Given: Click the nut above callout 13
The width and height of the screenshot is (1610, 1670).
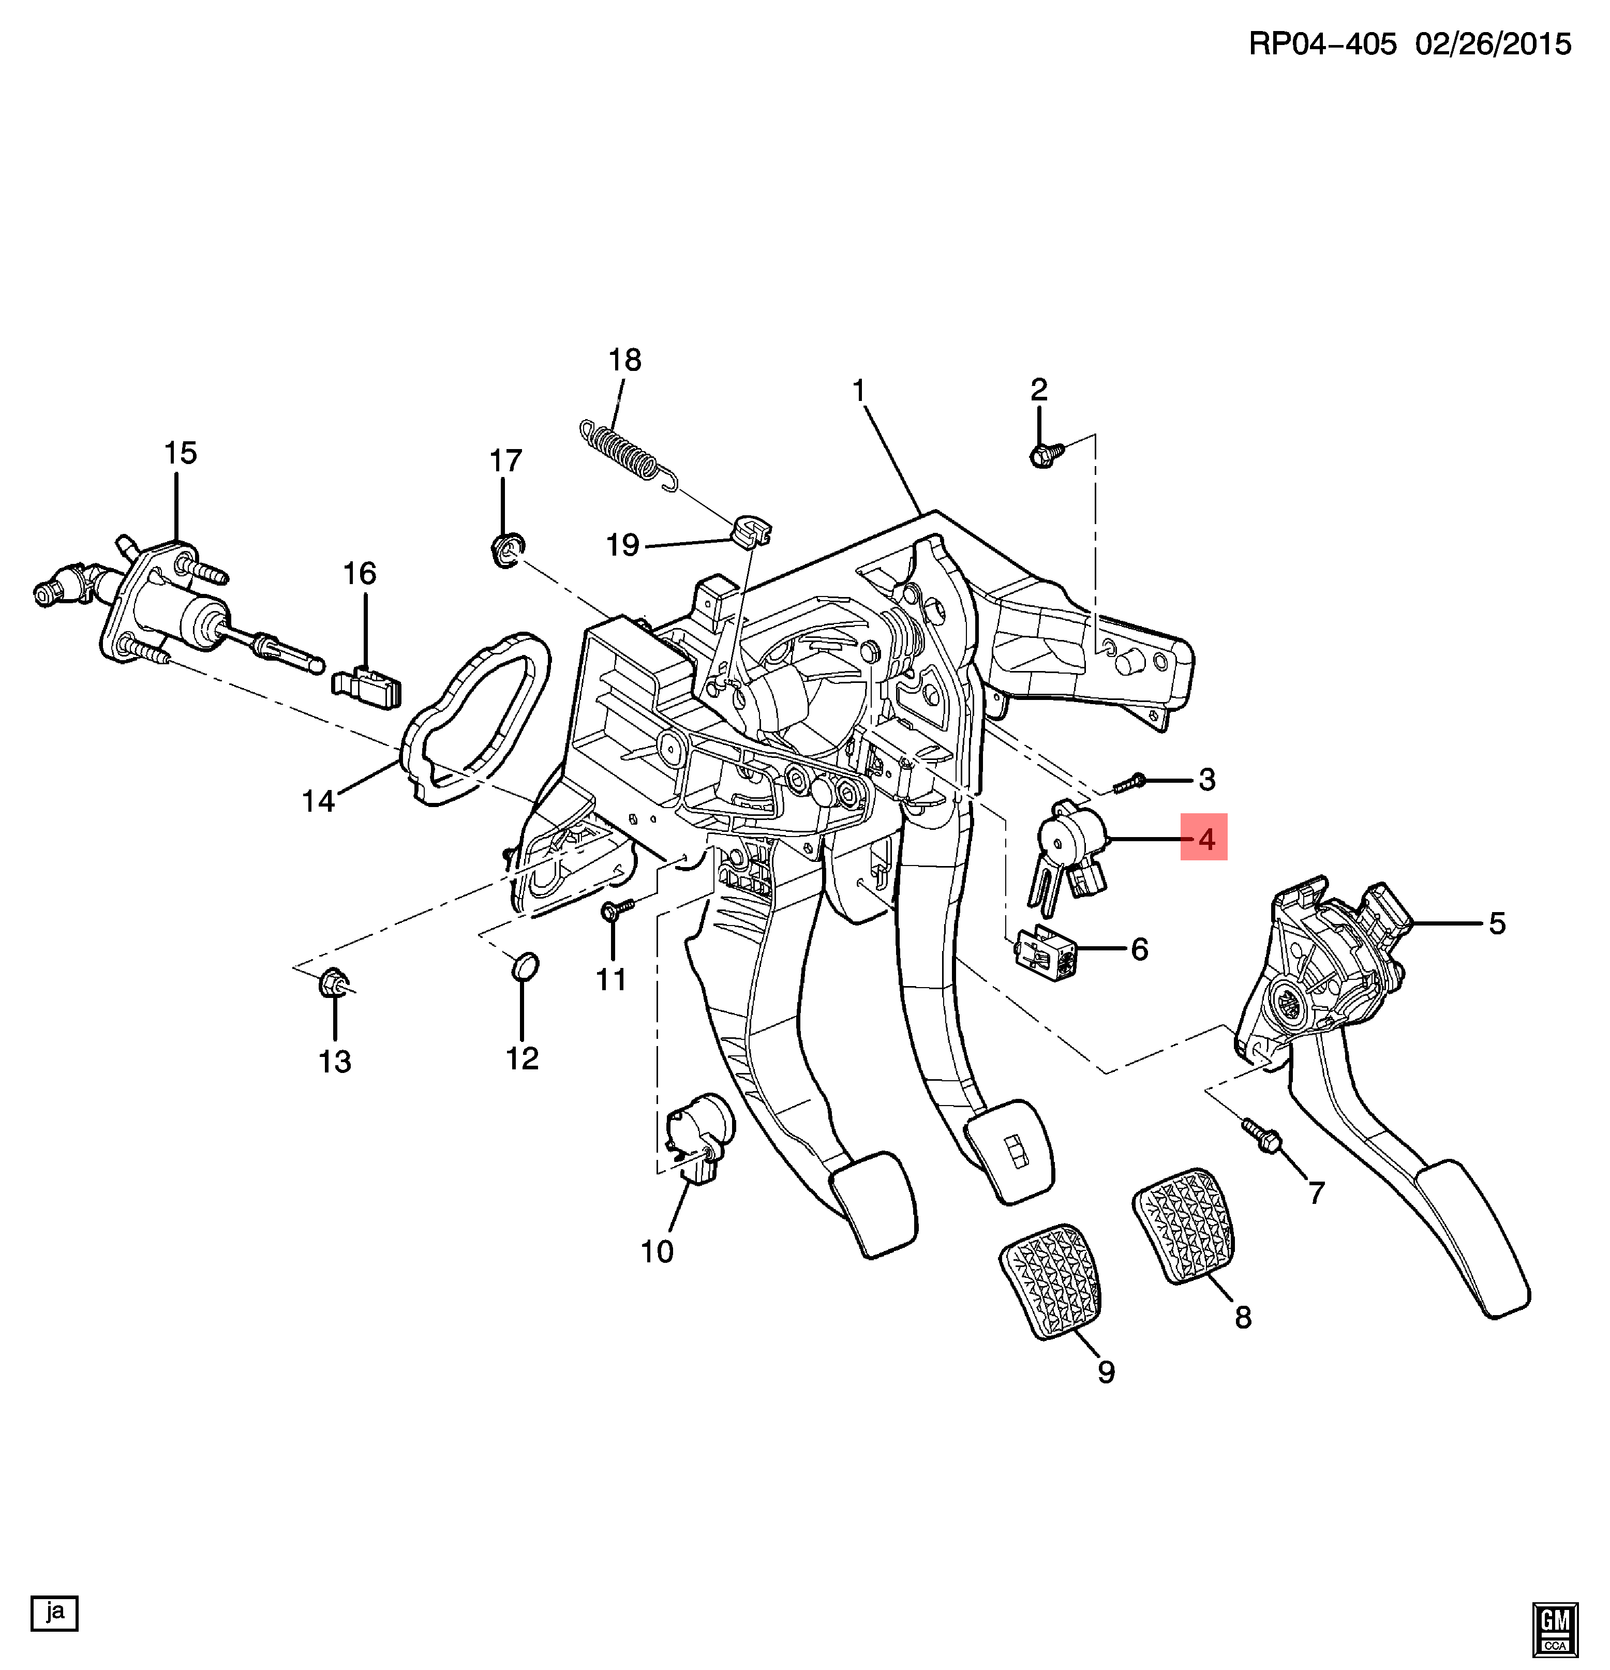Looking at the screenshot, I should click(x=333, y=984).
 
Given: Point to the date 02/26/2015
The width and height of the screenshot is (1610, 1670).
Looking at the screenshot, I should click(x=1493, y=44).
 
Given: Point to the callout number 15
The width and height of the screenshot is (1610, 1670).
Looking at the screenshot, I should click(x=180, y=453).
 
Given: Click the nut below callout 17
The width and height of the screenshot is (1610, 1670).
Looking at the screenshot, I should click(x=508, y=549).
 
